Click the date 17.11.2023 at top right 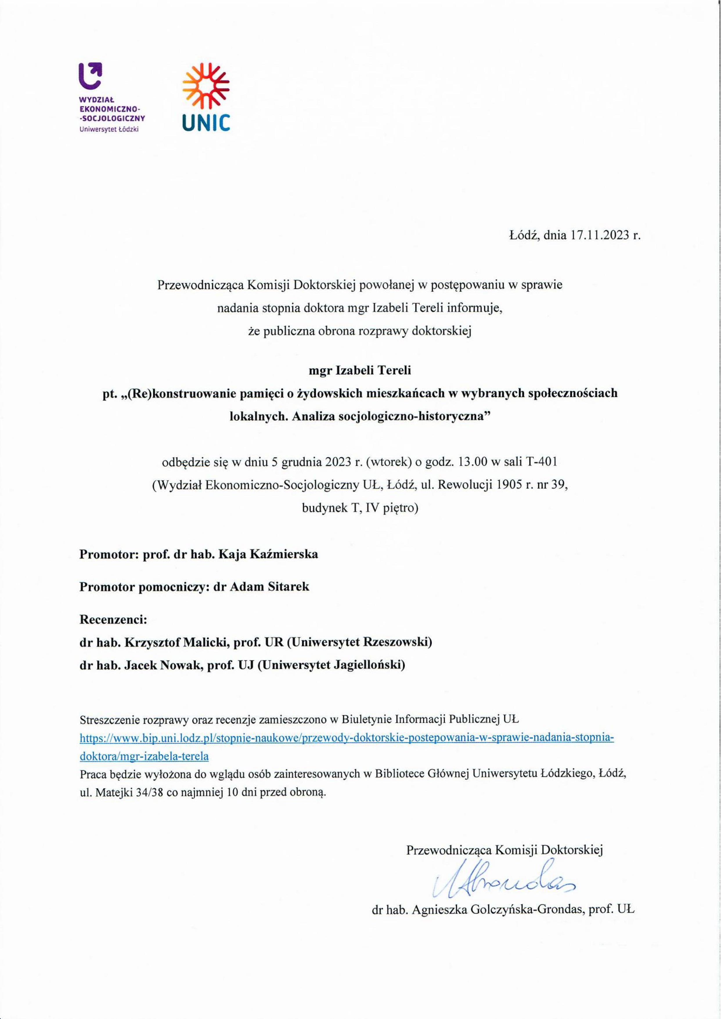pyautogui.click(x=600, y=236)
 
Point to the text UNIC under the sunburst pyautogui.click(x=206, y=122)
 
